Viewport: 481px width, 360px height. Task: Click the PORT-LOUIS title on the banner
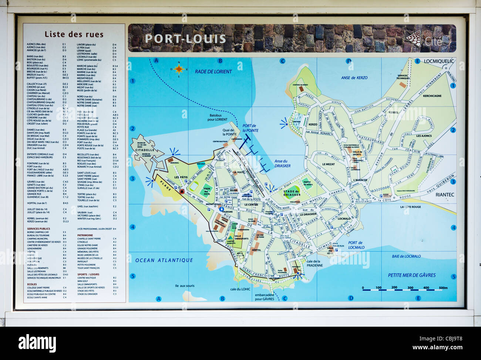pyautogui.click(x=185, y=39)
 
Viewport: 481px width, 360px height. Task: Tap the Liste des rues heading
pyautogui.click(x=74, y=34)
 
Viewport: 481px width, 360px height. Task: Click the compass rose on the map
pyautogui.click(x=179, y=69)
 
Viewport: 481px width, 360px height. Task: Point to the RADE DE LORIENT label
pyautogui.click(x=213, y=71)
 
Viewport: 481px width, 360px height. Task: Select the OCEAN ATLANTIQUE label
pyautogui.click(x=164, y=260)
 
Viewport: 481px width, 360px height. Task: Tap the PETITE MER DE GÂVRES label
pyautogui.click(x=411, y=275)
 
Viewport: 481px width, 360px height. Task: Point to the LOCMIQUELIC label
pyautogui.click(x=438, y=61)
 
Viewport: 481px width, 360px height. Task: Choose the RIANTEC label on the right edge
pyautogui.click(x=444, y=195)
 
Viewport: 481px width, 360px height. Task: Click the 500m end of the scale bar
pyautogui.click(x=443, y=288)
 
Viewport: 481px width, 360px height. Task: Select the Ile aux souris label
pyautogui.click(x=185, y=286)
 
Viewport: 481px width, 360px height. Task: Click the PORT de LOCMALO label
pyautogui.click(x=356, y=245)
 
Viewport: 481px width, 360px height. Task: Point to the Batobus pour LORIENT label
pyautogui.click(x=217, y=117)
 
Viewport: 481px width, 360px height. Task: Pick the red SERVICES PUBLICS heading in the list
pyautogui.click(x=38, y=229)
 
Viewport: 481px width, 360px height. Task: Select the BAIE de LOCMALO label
pyautogui.click(x=406, y=256)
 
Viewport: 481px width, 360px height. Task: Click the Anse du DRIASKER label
pyautogui.click(x=282, y=163)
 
